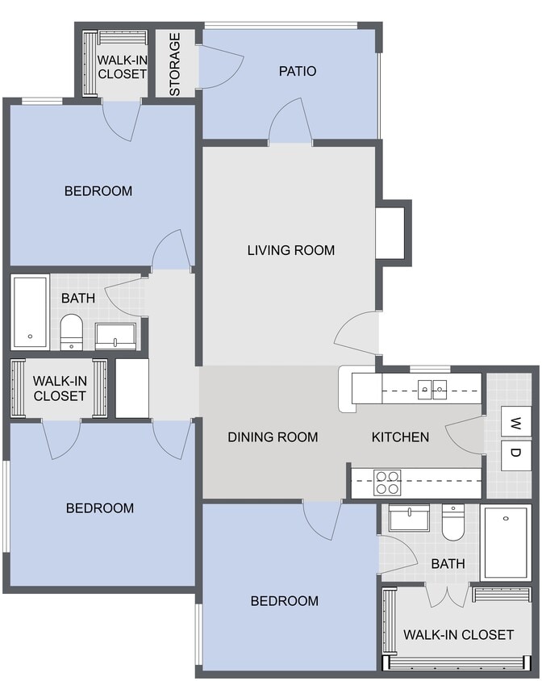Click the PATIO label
coord(297,71)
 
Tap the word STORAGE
coord(175,64)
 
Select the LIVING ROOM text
coord(290,250)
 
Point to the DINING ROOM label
coord(273,437)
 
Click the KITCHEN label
coord(400,437)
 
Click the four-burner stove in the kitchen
coord(387,483)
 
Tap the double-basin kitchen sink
coord(432,391)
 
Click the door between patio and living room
coord(290,125)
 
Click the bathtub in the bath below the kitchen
coord(506,542)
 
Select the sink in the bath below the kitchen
coord(409,517)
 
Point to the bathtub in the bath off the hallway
coord(30,312)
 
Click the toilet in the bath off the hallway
coord(72,330)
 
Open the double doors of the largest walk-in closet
coord(447,595)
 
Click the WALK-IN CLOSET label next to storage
coord(122,66)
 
